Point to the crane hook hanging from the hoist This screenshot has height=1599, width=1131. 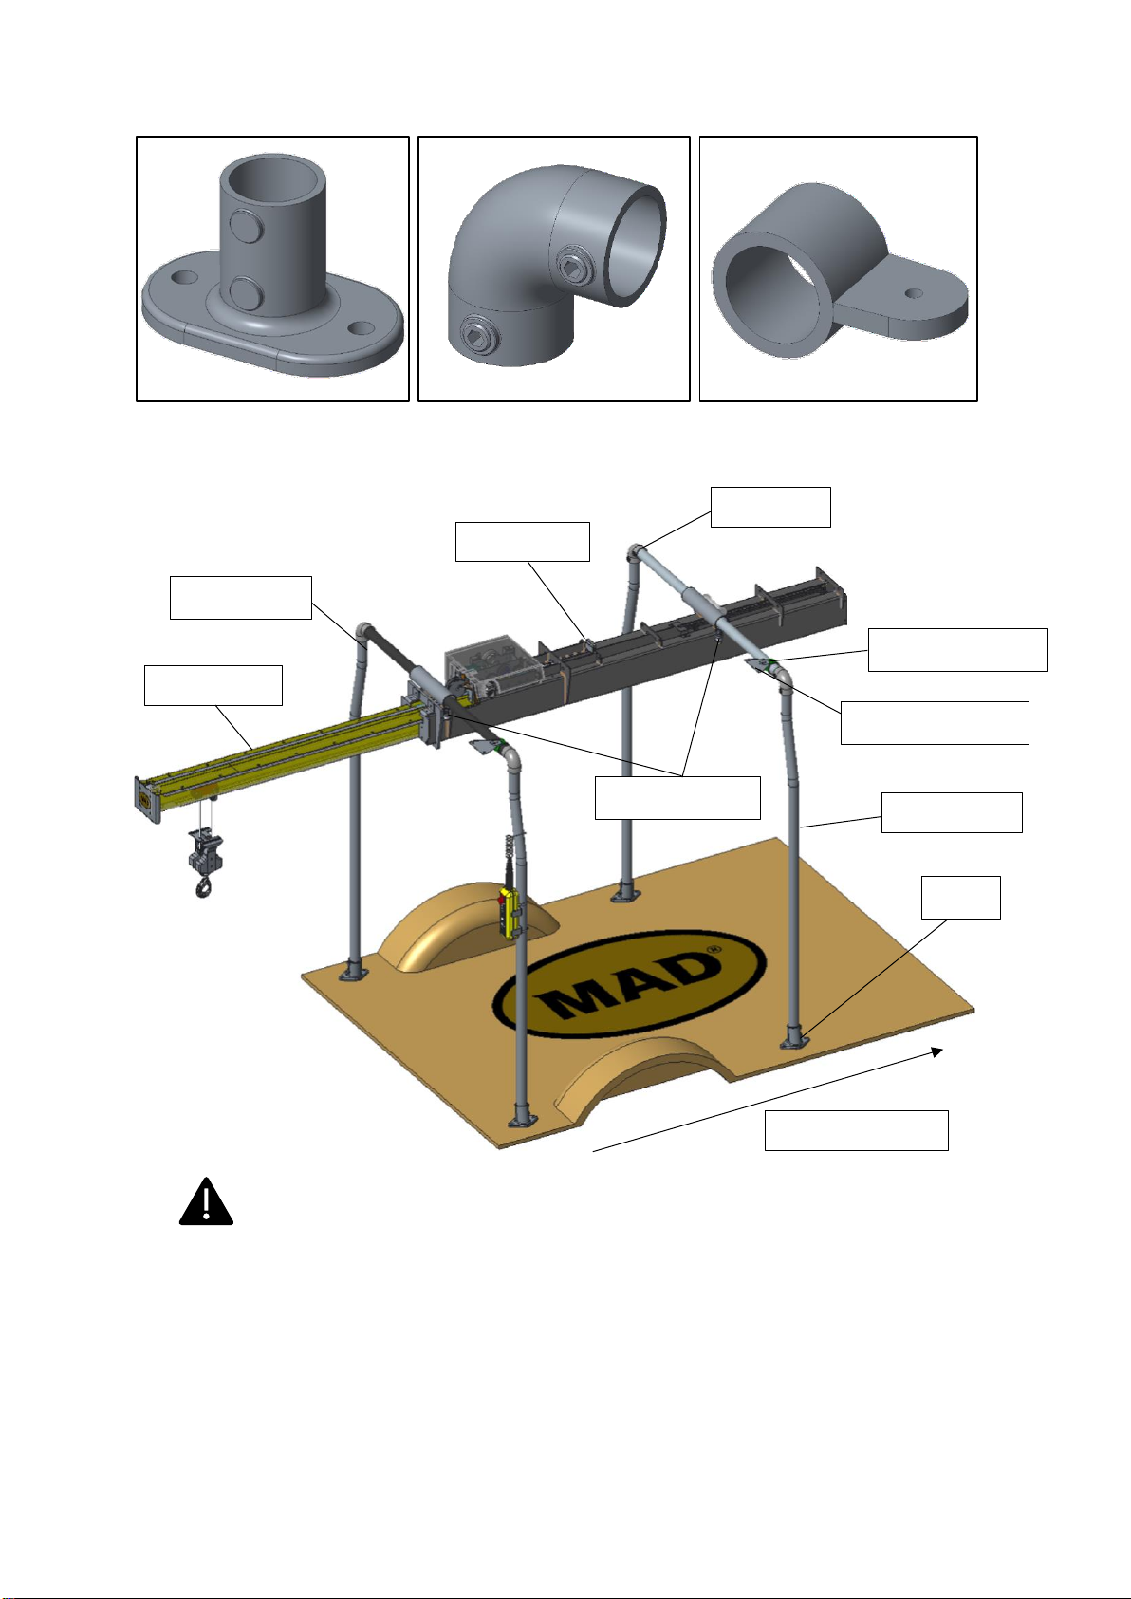click(203, 886)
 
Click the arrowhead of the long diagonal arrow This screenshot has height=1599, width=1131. click(936, 1051)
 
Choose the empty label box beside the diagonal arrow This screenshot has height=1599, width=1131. click(856, 1130)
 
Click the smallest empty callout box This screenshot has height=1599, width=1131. click(960, 898)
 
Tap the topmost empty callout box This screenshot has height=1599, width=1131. click(770, 507)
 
